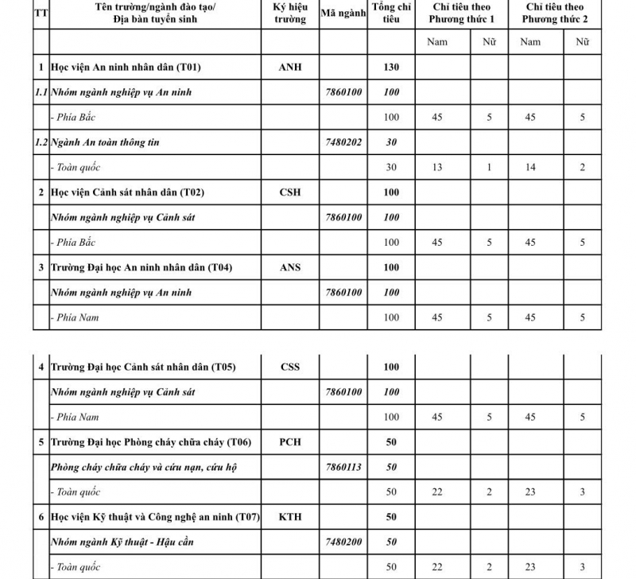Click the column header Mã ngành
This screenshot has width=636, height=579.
coord(343,14)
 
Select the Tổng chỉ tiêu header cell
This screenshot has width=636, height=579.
coord(391,14)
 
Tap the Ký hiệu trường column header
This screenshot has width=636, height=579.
coord(290,14)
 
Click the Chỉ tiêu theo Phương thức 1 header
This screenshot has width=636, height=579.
coord(461,14)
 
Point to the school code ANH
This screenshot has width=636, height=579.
coord(290,68)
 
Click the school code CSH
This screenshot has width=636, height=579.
coord(290,192)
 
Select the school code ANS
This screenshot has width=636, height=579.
coord(290,267)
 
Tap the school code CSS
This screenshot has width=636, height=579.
coord(290,367)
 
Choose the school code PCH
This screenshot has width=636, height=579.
coord(290,442)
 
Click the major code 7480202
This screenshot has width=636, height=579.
coord(343,142)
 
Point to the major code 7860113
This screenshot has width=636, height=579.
coord(343,467)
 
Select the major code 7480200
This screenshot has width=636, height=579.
coord(343,542)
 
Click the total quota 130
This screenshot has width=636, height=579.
coord(391,68)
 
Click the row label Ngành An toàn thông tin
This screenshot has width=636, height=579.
coord(105,142)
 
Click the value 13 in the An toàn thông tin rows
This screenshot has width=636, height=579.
coord(437,168)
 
